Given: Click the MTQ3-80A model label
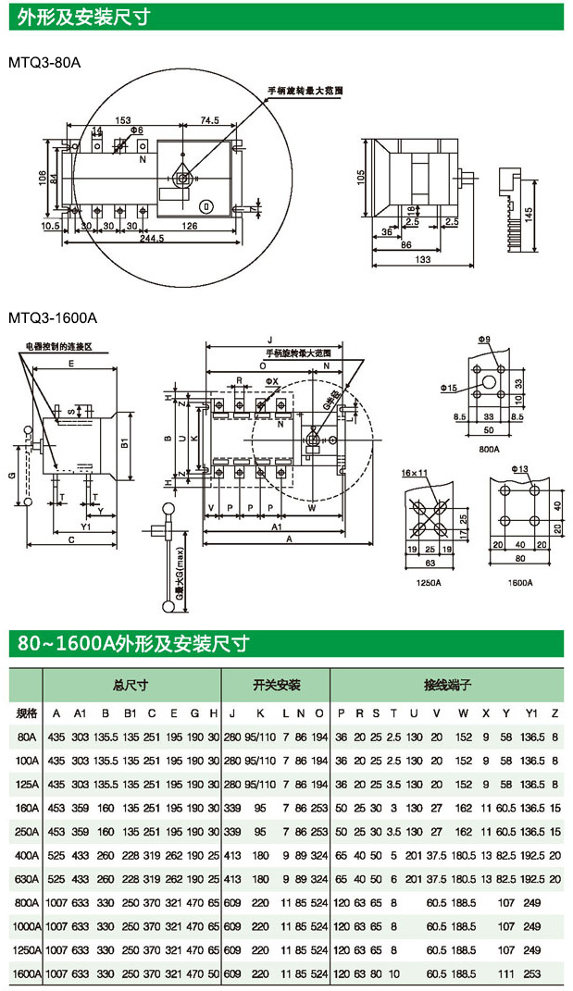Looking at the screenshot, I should [44, 63].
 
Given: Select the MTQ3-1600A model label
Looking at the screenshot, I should [52, 317].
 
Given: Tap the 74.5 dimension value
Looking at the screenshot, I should [208, 120].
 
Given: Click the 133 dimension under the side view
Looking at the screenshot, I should [423, 261].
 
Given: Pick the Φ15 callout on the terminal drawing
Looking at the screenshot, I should [449, 386].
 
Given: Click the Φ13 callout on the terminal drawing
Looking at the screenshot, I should [518, 470].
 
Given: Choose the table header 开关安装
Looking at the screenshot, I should [277, 686].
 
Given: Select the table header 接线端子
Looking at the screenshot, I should [448, 686].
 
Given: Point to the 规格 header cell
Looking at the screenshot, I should [27, 713].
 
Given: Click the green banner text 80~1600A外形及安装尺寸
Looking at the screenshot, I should [132, 643].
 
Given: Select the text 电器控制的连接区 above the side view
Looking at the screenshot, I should [59, 345].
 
